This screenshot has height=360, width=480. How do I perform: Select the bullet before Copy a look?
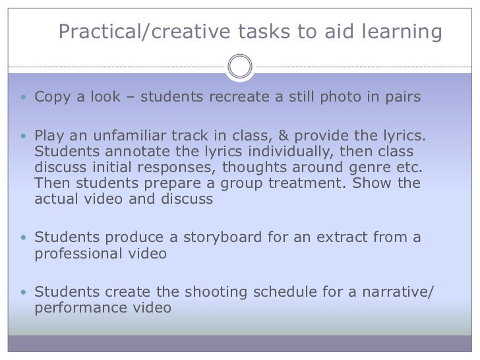pos(24,98)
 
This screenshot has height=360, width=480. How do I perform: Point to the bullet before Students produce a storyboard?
pos(24,237)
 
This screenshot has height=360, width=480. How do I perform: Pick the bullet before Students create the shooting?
pos(24,291)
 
